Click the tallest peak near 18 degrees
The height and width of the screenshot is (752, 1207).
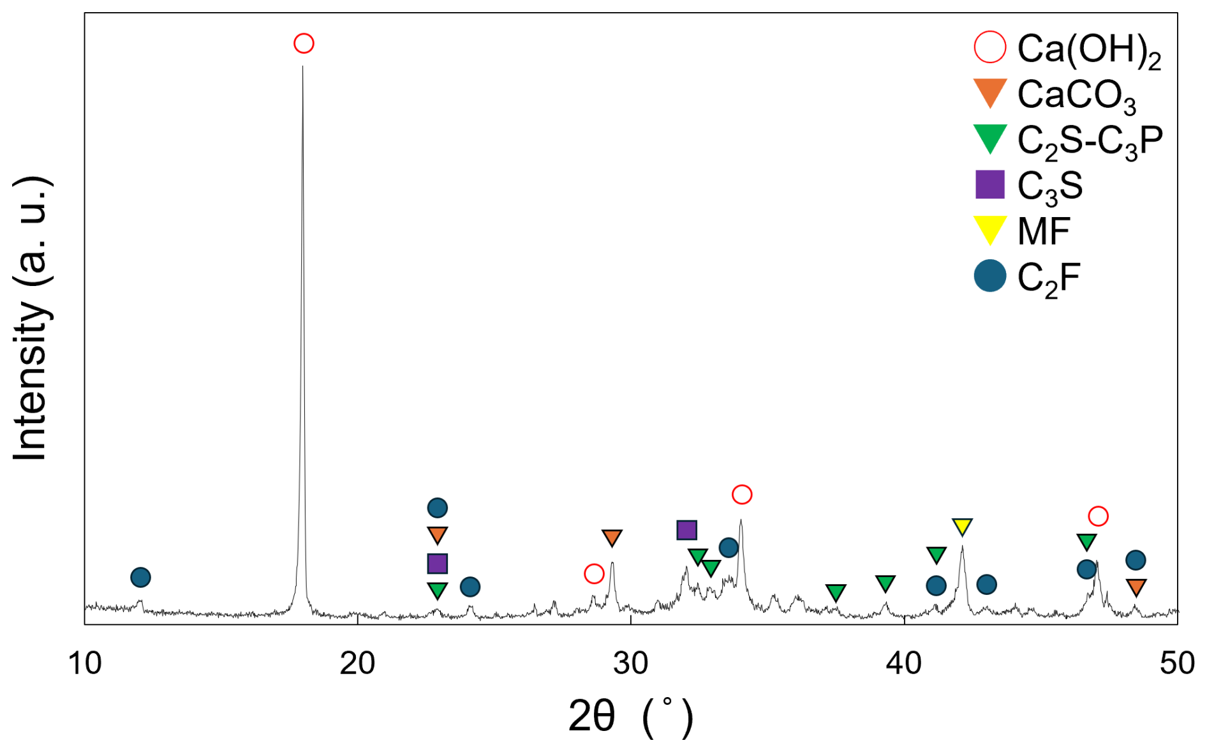(x=302, y=70)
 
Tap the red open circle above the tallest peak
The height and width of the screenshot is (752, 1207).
(x=304, y=43)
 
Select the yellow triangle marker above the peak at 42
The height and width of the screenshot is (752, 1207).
(x=962, y=527)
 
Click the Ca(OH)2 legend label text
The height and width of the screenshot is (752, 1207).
(x=1088, y=49)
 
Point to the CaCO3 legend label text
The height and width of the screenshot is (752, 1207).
(x=1076, y=95)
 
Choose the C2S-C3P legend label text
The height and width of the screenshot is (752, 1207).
(x=1090, y=140)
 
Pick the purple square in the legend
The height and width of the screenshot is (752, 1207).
(x=990, y=184)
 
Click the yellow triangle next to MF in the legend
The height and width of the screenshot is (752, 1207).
(x=990, y=230)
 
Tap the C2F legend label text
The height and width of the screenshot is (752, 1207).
(x=1048, y=278)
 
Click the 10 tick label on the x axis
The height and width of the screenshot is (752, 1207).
(x=85, y=663)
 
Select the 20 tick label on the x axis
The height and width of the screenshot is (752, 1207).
(x=357, y=663)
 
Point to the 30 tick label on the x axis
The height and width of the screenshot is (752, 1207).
(x=631, y=663)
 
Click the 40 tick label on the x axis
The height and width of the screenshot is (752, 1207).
(x=904, y=663)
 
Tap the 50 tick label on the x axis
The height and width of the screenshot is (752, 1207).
(x=1177, y=663)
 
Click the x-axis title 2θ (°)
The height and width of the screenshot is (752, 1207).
(x=630, y=717)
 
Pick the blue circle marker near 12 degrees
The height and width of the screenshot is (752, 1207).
(x=140, y=577)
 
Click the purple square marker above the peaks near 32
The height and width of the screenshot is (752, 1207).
(x=686, y=530)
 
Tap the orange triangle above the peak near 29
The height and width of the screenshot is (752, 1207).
(x=612, y=538)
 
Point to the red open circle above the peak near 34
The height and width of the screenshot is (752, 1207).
(x=742, y=494)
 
